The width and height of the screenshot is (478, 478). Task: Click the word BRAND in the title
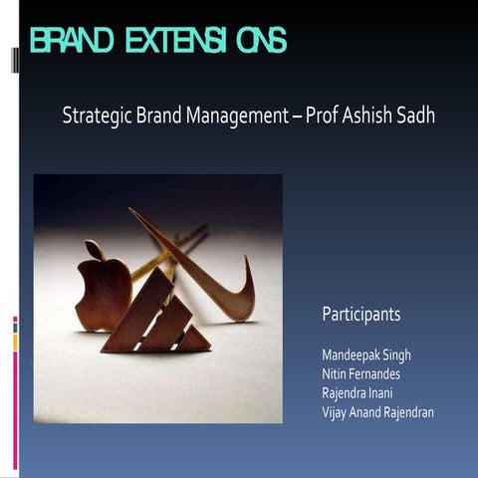point(68,41)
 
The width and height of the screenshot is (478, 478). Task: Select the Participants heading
point(360,314)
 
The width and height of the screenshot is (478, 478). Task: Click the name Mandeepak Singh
point(366,355)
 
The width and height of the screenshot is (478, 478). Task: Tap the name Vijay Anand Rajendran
point(377,411)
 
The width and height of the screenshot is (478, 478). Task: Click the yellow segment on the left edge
point(15,342)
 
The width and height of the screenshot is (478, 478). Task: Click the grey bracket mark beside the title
point(15,61)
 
